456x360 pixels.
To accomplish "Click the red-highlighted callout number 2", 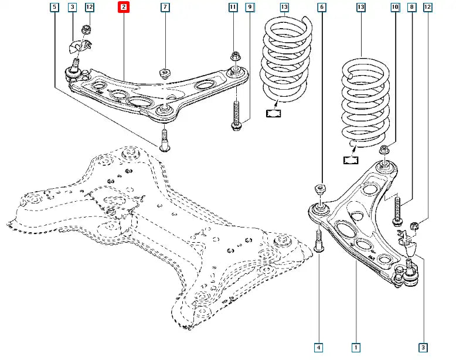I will (x=123, y=8).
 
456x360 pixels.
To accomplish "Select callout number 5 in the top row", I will (x=55, y=8).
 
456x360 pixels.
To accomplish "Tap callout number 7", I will (x=165, y=8).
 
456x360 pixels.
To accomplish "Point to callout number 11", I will (x=233, y=8).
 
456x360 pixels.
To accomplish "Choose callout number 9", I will (x=250, y=8).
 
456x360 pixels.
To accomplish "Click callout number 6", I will (x=321, y=8).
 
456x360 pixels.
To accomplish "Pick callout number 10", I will (x=395, y=8).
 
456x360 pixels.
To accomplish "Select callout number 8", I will (x=411, y=8).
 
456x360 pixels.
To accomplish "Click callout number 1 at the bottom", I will (x=356, y=347).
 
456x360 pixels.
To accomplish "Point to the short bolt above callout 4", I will (x=319, y=240).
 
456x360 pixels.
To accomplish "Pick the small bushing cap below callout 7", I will (x=165, y=74).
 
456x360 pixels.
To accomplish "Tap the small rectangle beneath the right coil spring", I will (x=351, y=159).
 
